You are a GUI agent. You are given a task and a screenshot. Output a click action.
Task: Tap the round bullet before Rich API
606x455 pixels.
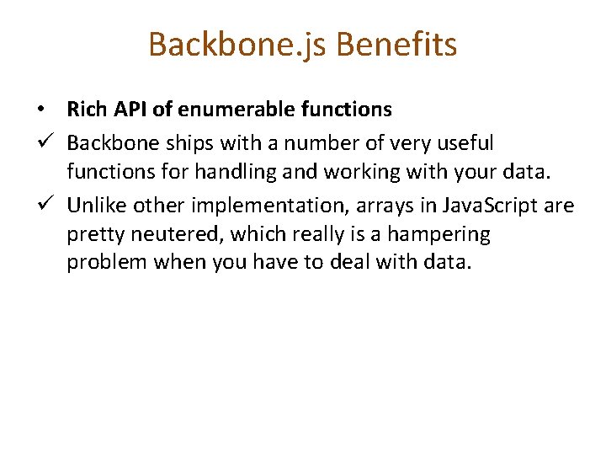(40, 110)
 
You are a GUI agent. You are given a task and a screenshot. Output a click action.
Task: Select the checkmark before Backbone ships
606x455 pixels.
(41, 142)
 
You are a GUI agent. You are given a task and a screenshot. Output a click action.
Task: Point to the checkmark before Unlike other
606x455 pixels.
(41, 204)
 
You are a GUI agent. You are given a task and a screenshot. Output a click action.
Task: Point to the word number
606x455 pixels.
(307, 142)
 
